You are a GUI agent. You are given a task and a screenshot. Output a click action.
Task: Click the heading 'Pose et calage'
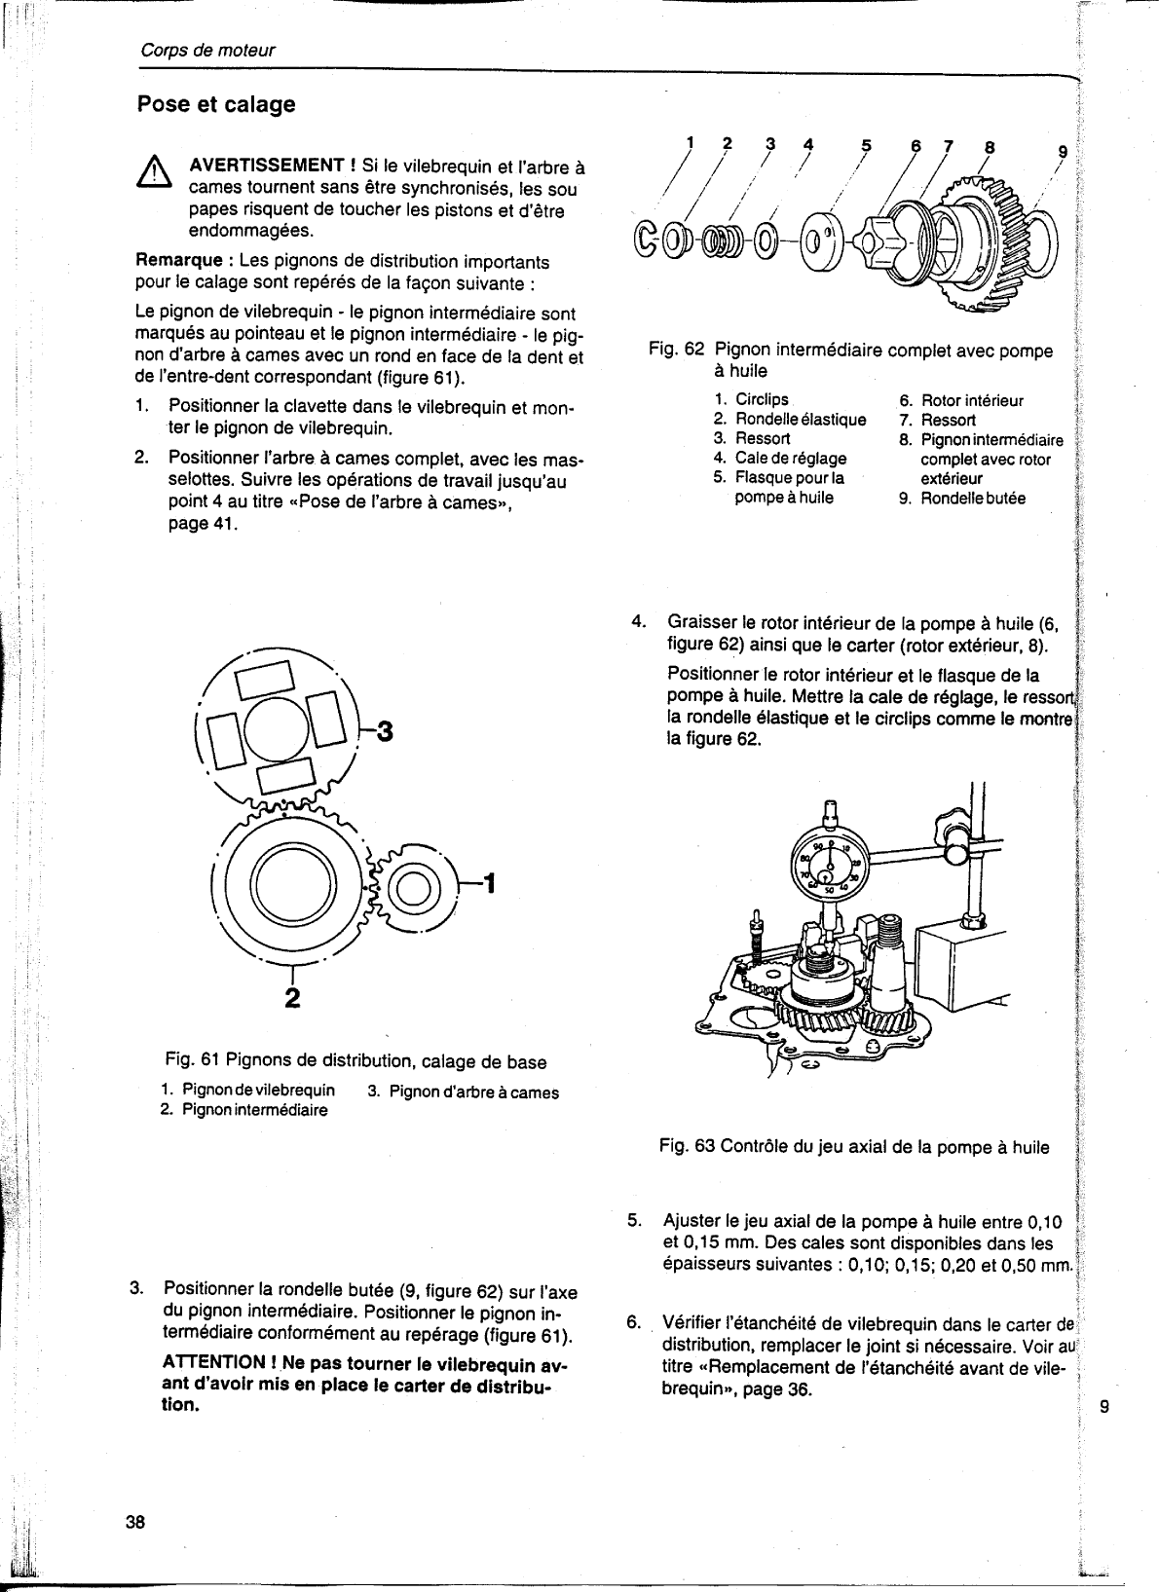(215, 104)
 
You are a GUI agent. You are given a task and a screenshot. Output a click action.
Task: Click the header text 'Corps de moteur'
(206, 51)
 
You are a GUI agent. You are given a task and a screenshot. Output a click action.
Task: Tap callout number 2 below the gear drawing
(290, 997)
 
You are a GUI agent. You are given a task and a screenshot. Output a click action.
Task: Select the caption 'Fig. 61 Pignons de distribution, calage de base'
(355, 1061)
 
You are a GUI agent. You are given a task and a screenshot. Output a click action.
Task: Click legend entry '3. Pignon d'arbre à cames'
(463, 1092)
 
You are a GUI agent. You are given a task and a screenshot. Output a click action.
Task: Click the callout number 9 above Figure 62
(1063, 151)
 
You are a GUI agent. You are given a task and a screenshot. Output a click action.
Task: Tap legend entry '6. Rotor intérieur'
(960, 400)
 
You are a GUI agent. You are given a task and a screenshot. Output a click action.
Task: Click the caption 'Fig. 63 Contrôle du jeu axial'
(853, 1147)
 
